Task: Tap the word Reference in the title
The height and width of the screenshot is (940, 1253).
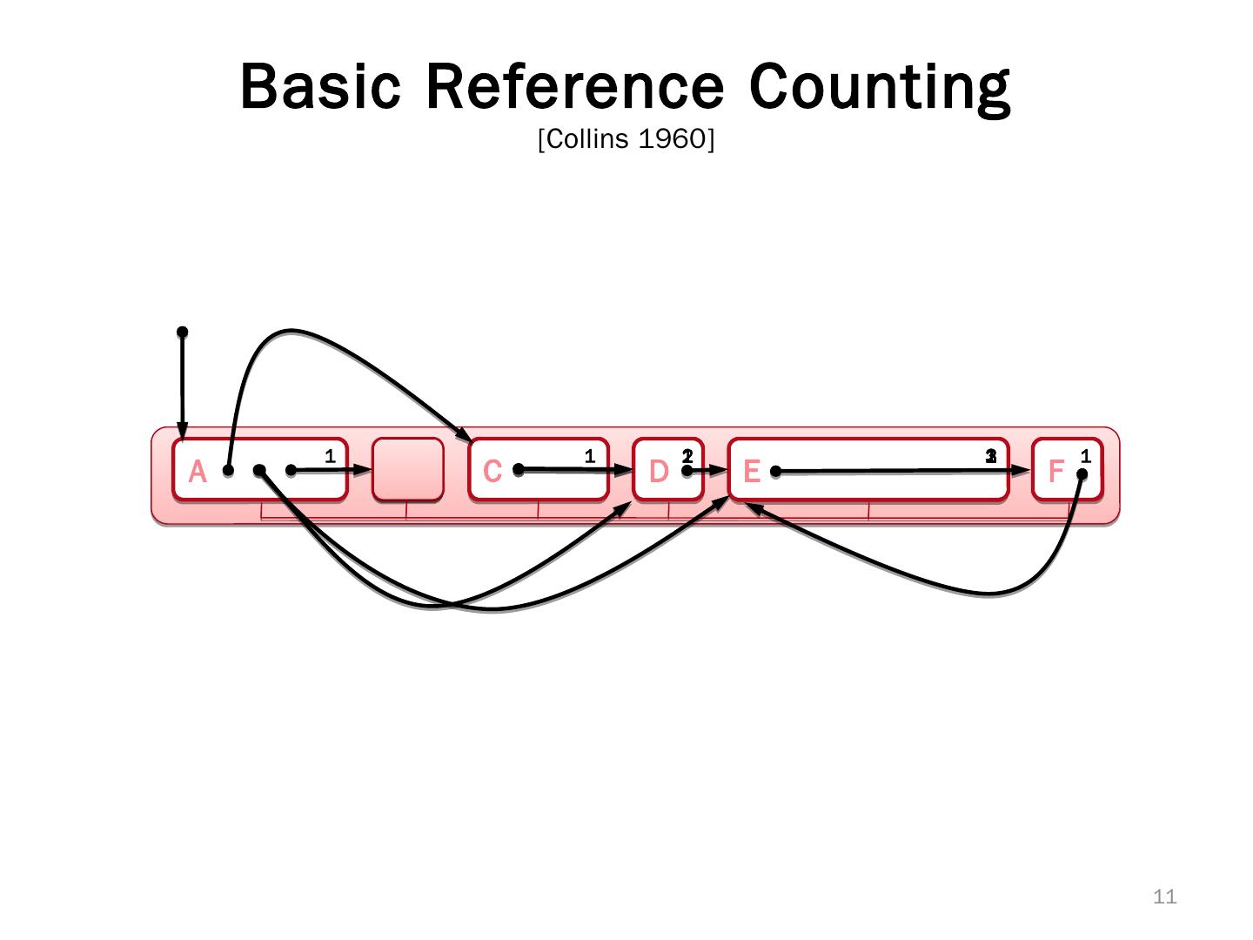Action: (x=575, y=86)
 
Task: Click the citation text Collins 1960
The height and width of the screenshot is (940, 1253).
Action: (x=626, y=139)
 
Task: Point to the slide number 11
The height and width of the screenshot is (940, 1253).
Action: (x=1164, y=896)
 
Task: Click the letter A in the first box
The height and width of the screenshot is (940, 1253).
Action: (x=198, y=472)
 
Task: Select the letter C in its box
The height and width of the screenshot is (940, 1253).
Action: (x=492, y=471)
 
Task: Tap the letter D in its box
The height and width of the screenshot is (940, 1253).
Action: (x=659, y=471)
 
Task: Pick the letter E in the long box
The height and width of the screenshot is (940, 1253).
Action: (x=752, y=471)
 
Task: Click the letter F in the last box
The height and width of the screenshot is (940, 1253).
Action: (x=1055, y=471)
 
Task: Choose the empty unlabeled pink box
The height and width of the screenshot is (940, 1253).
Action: (x=407, y=469)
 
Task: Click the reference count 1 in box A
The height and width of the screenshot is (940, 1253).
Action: (x=330, y=455)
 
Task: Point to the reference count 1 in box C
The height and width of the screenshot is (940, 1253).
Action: (x=589, y=455)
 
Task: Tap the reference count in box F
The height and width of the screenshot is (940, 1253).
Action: (x=1085, y=455)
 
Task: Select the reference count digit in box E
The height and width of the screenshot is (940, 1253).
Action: (x=990, y=455)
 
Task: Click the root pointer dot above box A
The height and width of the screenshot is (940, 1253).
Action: (x=182, y=332)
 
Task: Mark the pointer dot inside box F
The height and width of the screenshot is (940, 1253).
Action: (x=1082, y=474)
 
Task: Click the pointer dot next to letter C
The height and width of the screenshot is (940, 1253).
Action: (x=518, y=469)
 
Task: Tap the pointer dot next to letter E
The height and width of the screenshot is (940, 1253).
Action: (x=775, y=472)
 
